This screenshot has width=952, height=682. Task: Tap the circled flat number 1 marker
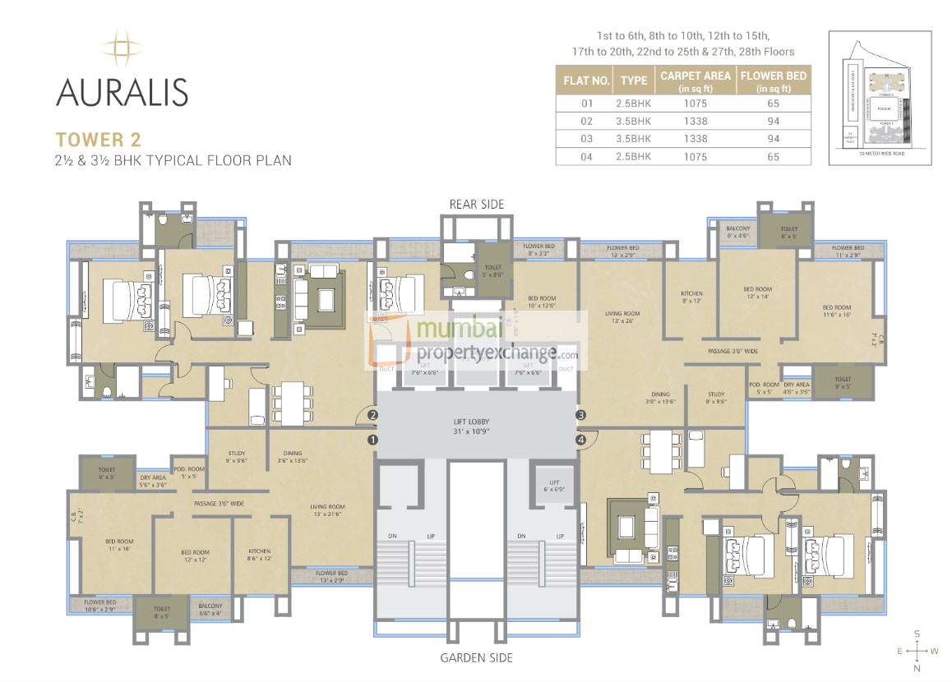(x=372, y=440)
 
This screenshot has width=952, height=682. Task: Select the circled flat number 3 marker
(x=580, y=416)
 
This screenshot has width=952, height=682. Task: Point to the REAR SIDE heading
(x=476, y=204)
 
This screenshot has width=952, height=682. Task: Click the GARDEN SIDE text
(x=476, y=657)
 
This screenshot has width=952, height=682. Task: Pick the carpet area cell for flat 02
(x=695, y=122)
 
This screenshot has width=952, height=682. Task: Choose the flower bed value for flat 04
(x=773, y=156)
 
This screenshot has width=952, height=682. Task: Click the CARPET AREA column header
(x=695, y=81)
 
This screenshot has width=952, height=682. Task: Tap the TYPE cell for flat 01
(x=633, y=104)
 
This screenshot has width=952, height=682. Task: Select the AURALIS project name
(x=122, y=91)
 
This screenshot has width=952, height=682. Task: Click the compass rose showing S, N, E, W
(x=917, y=650)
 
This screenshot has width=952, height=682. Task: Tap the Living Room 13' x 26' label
(x=622, y=317)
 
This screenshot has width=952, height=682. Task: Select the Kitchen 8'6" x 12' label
(x=259, y=555)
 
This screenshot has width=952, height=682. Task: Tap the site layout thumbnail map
(x=880, y=97)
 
